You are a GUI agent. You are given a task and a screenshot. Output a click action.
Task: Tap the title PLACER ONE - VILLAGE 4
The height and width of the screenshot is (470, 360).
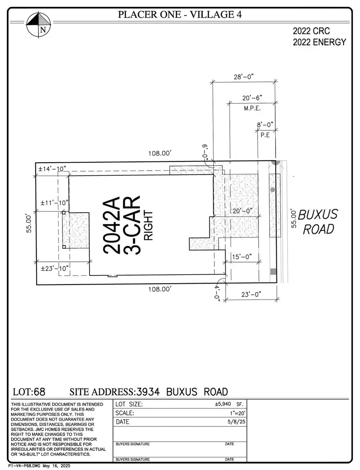(x=179, y=15)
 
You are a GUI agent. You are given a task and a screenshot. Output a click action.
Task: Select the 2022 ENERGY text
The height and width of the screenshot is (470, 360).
(x=319, y=42)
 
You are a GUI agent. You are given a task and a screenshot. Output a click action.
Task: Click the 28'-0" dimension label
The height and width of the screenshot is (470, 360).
(x=244, y=77)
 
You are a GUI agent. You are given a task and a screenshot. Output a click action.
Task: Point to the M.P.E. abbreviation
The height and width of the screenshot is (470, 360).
(x=252, y=108)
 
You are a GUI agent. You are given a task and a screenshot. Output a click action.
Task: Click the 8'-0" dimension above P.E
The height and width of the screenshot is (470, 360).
(x=265, y=125)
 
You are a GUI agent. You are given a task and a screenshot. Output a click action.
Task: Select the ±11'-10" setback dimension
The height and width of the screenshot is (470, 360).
(x=52, y=203)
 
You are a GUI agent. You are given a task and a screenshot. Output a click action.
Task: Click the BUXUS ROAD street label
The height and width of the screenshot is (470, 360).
(x=319, y=221)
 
